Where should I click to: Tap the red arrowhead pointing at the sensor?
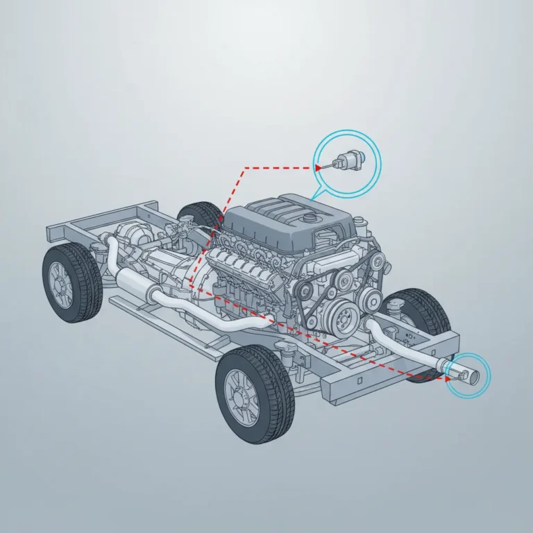[317, 167]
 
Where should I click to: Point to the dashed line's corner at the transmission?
[189, 282]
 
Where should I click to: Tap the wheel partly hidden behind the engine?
[201, 217]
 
